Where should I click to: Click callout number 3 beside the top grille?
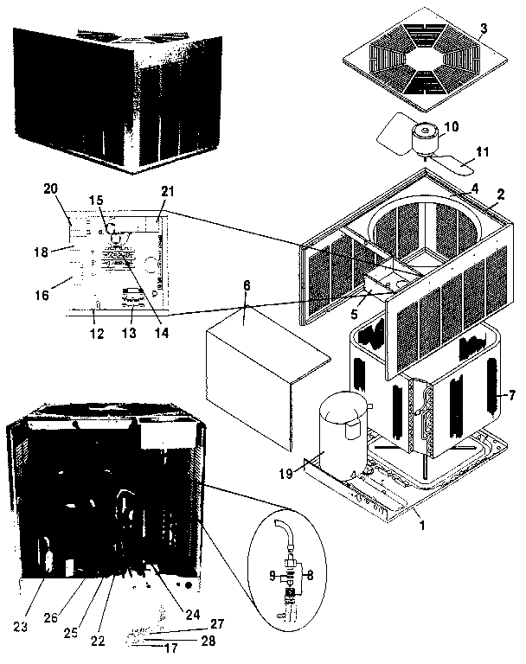pyautogui.click(x=484, y=29)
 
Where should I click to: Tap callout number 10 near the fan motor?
pyautogui.click(x=452, y=126)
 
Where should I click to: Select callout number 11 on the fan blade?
pyautogui.click(x=483, y=153)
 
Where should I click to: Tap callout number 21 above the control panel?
pyautogui.click(x=168, y=190)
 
